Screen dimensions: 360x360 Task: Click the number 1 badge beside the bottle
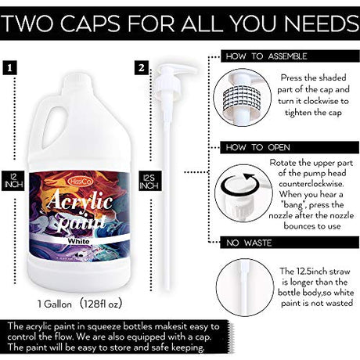pyautogui.click(x=9, y=68)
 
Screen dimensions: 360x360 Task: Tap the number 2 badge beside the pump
pyautogui.click(x=142, y=68)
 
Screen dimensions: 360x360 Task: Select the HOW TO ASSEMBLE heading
pyautogui.click(x=266, y=56)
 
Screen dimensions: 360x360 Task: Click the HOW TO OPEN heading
pyautogui.click(x=257, y=147)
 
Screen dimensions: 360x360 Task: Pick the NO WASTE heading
pyautogui.click(x=249, y=243)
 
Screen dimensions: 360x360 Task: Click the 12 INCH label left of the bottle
pyautogui.click(x=13, y=181)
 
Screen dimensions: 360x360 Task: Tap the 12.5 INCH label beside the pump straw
pyautogui.click(x=149, y=181)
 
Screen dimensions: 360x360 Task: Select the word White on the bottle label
pyautogui.click(x=78, y=241)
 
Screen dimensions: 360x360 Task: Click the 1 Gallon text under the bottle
pyautogui.click(x=55, y=304)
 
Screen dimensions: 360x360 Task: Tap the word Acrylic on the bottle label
pyautogui.click(x=81, y=201)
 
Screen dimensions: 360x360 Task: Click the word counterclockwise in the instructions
pyautogui.click(x=311, y=184)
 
